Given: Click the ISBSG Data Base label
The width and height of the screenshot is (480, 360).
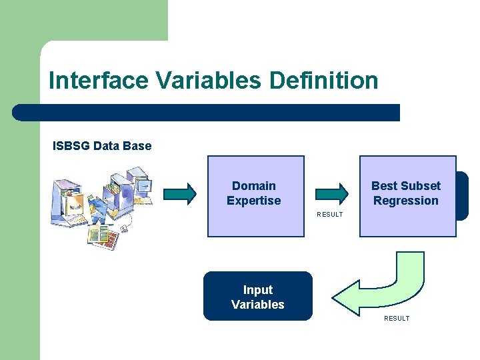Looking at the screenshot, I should (102, 145).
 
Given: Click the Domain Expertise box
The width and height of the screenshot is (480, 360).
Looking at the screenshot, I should (255, 196).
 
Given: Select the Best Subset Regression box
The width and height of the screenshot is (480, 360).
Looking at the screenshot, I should (407, 196).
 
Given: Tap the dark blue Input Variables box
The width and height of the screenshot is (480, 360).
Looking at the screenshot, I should (257, 297).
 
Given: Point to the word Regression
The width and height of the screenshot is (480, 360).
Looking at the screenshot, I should (406, 201).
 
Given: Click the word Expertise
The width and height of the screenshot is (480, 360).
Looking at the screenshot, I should (254, 201).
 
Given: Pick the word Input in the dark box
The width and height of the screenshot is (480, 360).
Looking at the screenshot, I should (258, 290).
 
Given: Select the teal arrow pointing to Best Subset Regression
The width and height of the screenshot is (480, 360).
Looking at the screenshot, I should (331, 193).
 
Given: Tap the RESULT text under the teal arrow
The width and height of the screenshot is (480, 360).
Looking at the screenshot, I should (329, 215).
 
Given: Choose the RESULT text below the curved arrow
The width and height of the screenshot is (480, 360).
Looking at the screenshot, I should (397, 319).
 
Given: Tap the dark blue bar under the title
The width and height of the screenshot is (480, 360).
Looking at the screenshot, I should (207, 112).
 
